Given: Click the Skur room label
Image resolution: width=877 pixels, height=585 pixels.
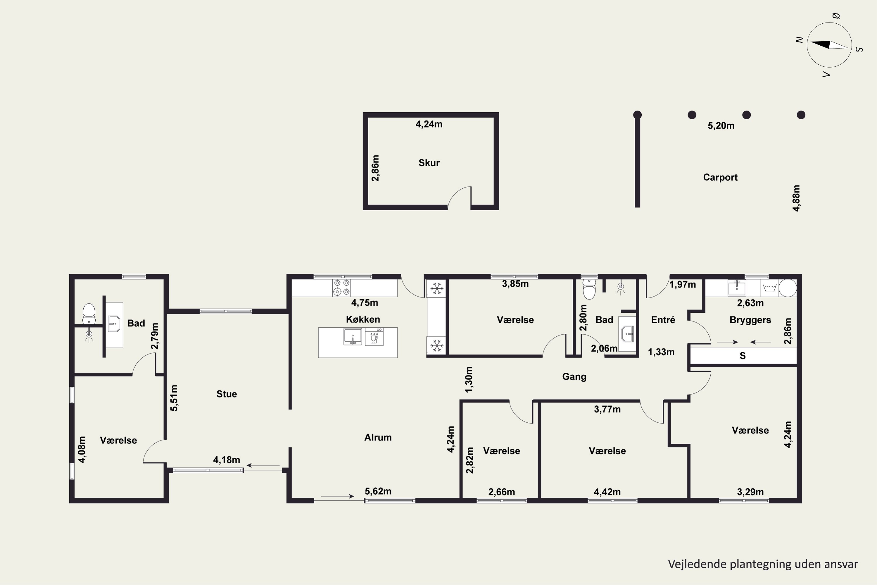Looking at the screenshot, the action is (429, 163).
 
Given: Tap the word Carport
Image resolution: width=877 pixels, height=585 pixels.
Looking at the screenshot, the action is (720, 177).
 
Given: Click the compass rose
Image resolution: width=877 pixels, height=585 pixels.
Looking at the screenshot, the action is (829, 45).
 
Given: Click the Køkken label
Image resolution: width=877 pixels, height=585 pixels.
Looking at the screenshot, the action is (363, 319).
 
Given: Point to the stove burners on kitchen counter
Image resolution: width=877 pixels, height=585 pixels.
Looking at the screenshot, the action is (341, 288).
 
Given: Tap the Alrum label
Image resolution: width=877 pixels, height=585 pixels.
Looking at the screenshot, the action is (378, 437).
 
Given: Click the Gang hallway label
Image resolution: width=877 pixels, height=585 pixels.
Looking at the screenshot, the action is (574, 377).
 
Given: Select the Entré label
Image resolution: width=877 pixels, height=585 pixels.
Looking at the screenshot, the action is (663, 320).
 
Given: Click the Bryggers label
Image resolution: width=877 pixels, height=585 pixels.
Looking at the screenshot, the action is (750, 320).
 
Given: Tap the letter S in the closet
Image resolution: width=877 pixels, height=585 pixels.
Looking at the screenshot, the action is (743, 356).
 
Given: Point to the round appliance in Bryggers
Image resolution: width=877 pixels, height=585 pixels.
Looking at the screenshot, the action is (788, 288).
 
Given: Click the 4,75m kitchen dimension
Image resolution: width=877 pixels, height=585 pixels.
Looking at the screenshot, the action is (365, 302).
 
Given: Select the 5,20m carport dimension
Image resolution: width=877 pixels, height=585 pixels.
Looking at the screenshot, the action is (721, 126).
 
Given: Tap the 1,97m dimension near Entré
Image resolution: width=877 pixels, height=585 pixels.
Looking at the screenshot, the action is (683, 285).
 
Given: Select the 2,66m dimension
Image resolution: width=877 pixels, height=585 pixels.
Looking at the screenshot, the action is (502, 492).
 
